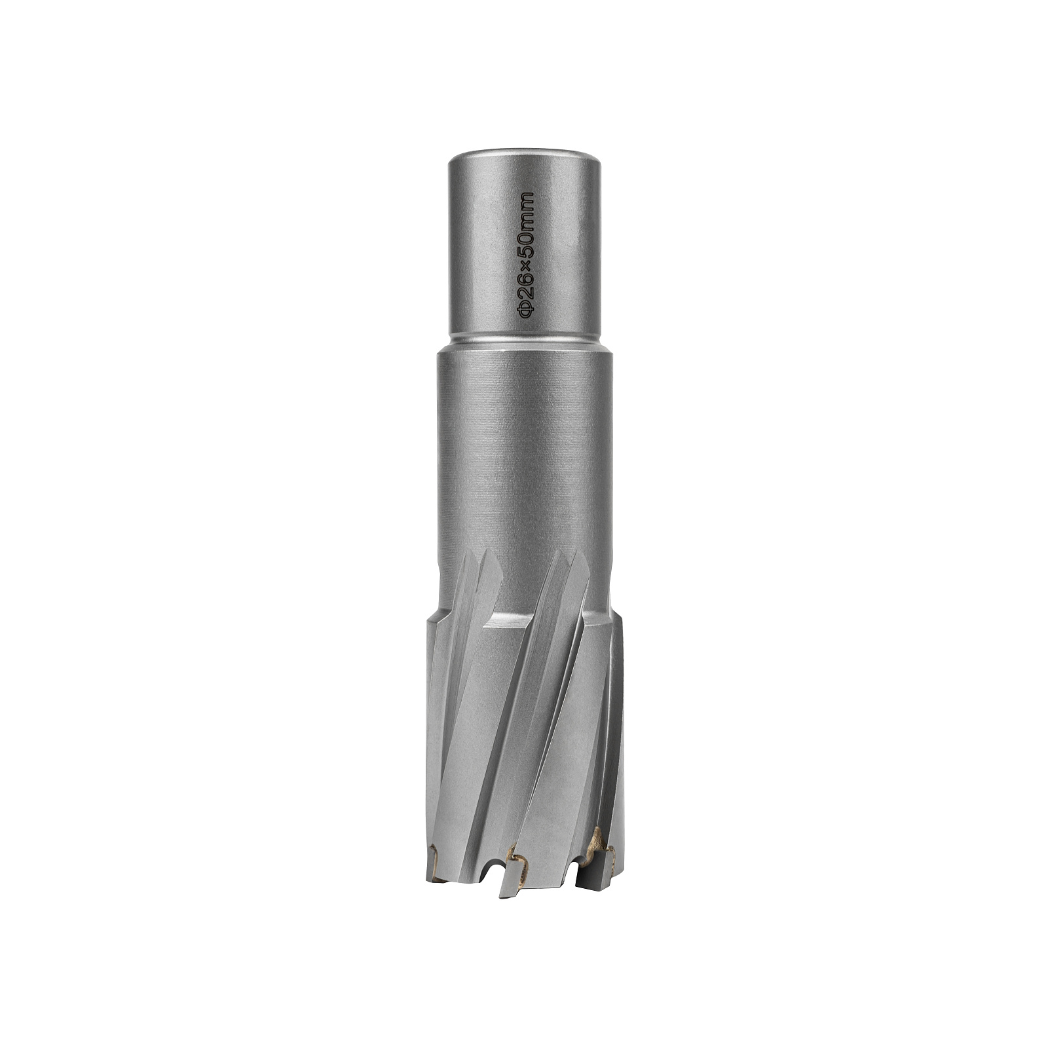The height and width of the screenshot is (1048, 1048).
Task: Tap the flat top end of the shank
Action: (524, 157)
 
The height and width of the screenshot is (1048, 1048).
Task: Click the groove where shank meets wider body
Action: (524, 342)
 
